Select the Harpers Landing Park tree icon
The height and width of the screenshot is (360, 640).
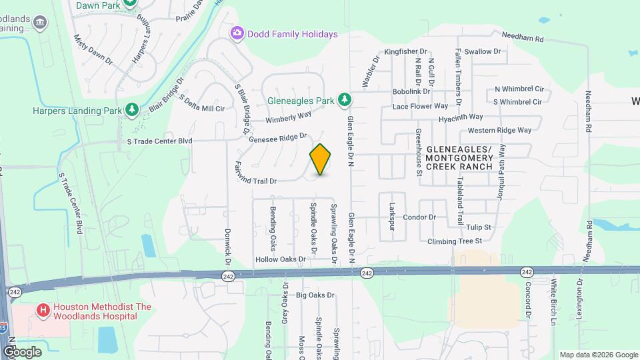[133, 109]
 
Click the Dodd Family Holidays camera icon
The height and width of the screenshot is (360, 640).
[236, 33]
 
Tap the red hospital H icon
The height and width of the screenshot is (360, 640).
[43, 310]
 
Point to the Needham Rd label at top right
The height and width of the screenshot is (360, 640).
[523, 39]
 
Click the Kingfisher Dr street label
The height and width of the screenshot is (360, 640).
[405, 51]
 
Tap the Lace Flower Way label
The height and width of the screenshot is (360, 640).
[420, 106]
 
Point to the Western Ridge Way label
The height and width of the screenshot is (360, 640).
[499, 130]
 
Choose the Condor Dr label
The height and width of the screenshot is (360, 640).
[419, 217]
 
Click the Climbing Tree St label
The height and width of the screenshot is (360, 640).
[455, 240]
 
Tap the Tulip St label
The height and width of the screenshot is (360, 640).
[479, 227]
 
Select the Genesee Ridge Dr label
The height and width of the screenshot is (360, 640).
[277, 138]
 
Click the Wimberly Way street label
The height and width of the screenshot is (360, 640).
[289, 118]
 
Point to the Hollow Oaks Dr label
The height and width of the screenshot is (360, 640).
[280, 259]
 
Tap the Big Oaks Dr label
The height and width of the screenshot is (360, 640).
[315, 295]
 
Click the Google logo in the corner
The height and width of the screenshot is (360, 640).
[22, 351]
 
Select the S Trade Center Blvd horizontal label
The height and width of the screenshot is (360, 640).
[159, 141]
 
